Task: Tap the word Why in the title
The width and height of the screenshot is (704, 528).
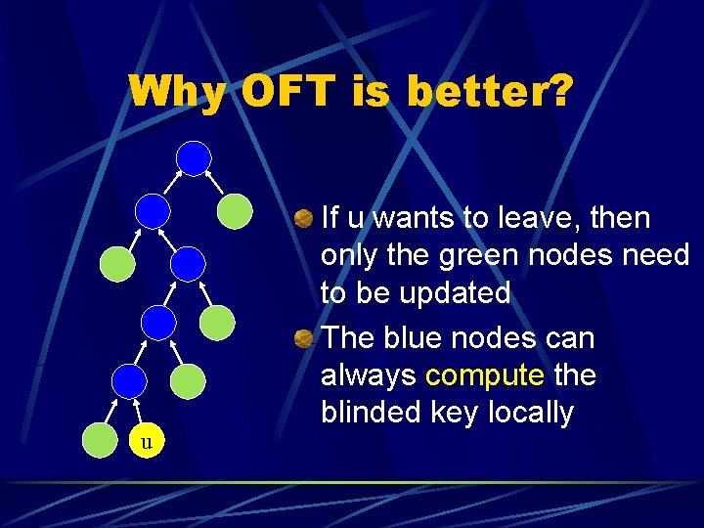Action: pyautogui.click(x=178, y=92)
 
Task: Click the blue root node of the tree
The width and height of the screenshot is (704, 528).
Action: pyautogui.click(x=195, y=157)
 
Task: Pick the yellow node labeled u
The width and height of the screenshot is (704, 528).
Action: pyautogui.click(x=147, y=441)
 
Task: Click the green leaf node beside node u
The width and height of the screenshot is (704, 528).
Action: pyautogui.click(x=99, y=441)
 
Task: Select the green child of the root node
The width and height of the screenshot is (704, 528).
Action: pyautogui.click(x=235, y=210)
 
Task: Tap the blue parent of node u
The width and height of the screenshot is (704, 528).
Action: pyautogui.click(x=128, y=381)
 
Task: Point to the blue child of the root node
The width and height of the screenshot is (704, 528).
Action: pyautogui.click(x=152, y=209)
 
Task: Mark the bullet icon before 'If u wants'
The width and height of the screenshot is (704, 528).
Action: pyautogui.click(x=304, y=218)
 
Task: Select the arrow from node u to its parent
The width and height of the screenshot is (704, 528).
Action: pyautogui.click(x=140, y=411)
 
